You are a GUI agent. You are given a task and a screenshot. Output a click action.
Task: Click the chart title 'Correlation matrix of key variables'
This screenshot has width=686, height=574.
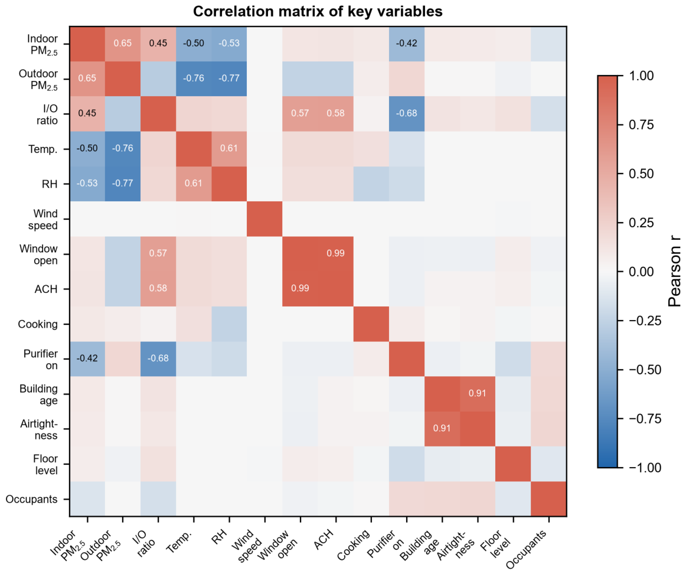318,11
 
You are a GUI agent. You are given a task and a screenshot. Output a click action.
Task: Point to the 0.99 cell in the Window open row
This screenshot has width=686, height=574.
335,254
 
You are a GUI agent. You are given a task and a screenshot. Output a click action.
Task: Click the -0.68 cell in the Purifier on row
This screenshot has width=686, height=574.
158,359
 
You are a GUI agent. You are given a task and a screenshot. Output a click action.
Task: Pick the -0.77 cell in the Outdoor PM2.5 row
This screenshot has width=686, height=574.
229,79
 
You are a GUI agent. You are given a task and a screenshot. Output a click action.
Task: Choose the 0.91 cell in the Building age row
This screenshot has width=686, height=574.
478,394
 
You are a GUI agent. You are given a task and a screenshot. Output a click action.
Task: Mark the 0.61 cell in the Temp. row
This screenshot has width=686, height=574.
229,149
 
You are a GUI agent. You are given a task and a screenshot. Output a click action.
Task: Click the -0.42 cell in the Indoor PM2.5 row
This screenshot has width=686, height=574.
406,44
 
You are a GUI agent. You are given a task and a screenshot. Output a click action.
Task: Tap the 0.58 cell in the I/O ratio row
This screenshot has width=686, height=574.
335,114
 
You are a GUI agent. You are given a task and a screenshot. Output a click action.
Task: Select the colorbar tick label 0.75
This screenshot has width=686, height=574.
641,125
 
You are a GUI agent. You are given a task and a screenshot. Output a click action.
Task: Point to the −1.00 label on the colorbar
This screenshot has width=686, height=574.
641,468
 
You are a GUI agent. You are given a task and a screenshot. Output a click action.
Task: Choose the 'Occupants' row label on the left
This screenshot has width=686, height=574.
31,499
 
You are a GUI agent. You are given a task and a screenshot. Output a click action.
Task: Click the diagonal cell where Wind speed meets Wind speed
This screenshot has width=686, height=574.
264,218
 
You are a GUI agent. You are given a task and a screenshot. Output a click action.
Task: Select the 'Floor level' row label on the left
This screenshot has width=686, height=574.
45,464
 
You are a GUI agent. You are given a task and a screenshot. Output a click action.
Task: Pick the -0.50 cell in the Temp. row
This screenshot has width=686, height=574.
87,149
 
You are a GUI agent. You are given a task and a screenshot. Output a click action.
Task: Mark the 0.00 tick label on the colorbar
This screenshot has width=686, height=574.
641,272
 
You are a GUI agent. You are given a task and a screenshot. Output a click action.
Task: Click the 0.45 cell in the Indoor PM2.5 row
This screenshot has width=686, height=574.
158,44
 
